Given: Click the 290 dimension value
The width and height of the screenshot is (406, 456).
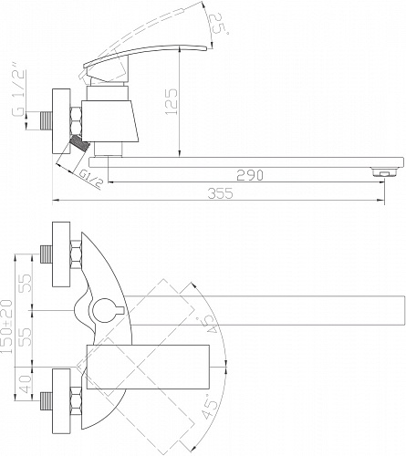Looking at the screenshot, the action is (x=250, y=175).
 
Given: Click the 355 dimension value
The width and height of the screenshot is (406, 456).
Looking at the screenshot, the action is (x=221, y=193).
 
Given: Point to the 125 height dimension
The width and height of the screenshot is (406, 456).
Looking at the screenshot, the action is (x=172, y=102).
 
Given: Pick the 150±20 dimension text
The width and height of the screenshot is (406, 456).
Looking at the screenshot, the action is (x=7, y=326).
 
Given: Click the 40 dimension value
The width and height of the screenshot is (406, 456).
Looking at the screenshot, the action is (x=26, y=384).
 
